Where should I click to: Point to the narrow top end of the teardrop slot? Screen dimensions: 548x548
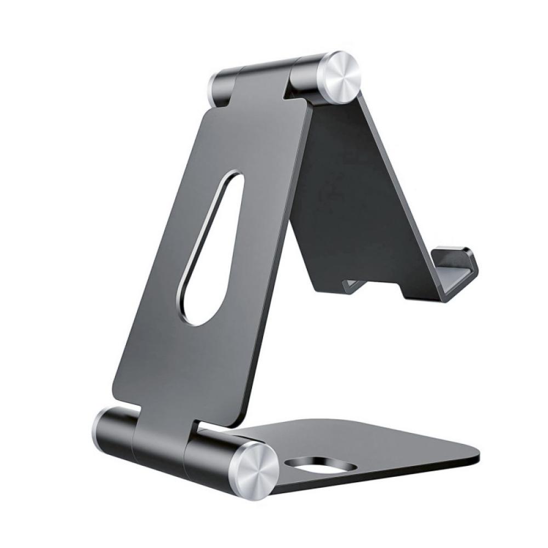point(233,178)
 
